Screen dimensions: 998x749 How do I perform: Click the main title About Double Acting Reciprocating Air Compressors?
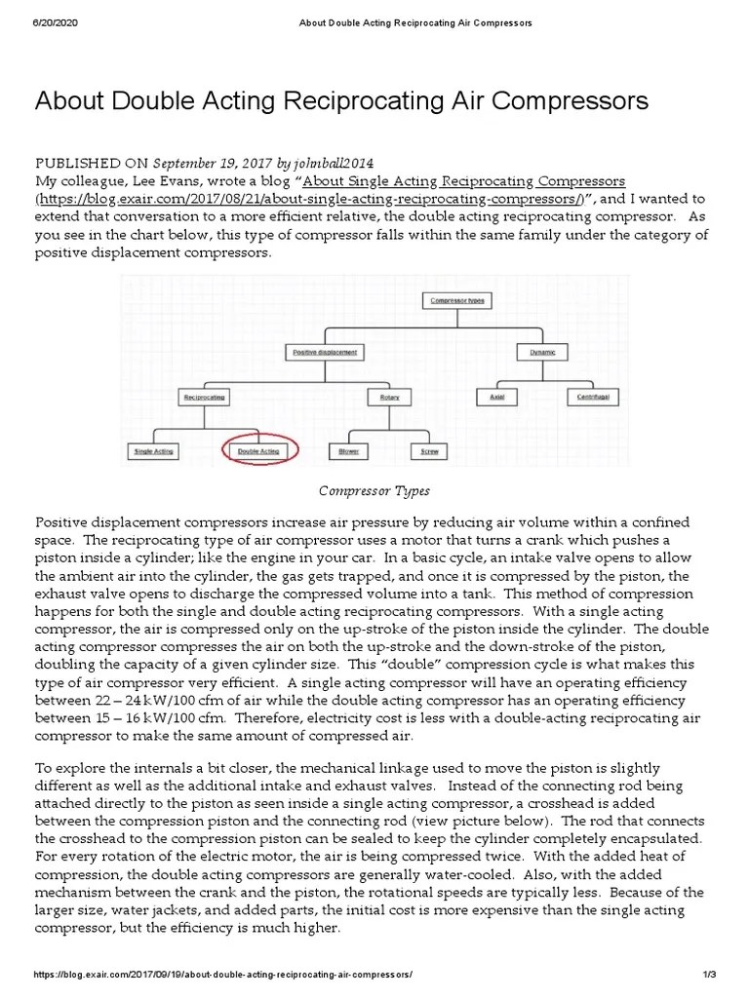(341, 100)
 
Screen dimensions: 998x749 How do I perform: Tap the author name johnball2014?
(334, 163)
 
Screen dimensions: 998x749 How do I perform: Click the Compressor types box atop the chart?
(457, 300)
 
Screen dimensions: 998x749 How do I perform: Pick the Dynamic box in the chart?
(541, 351)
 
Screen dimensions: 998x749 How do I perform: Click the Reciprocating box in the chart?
(204, 397)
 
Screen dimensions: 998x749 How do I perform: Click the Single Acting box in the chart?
(153, 451)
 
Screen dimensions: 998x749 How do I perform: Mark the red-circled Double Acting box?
(259, 451)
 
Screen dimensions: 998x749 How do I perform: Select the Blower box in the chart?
(347, 451)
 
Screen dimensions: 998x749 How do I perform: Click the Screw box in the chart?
(429, 451)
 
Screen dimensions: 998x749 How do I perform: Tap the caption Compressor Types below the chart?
(375, 490)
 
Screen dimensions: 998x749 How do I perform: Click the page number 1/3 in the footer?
(709, 975)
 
